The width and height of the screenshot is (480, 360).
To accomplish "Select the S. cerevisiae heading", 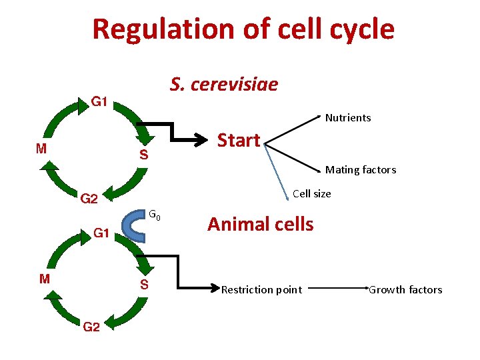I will point(223,85).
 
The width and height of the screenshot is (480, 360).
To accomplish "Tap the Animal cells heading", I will point(260,224).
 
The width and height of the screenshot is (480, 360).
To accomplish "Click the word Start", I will point(239,141).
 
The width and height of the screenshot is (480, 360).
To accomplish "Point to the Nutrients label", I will point(347,118).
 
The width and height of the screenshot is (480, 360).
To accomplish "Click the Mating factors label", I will point(360,170).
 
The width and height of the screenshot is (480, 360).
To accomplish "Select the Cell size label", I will point(311,194).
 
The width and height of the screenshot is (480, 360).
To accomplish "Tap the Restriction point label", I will point(261,290).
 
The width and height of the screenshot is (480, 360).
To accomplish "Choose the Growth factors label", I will point(405,290).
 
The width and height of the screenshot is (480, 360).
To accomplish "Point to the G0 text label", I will point(153,215).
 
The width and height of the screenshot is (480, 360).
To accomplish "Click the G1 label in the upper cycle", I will point(100,102).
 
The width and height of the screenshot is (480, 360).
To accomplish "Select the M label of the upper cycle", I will point(41,149).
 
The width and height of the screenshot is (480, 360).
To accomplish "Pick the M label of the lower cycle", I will point(44,279).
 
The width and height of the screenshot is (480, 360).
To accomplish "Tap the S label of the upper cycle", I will point(143,155).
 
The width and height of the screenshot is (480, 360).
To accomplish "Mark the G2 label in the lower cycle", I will point(91,327).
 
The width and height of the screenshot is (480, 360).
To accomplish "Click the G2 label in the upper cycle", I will point(89,199).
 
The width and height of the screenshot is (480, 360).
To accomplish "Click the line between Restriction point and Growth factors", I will point(337,290).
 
